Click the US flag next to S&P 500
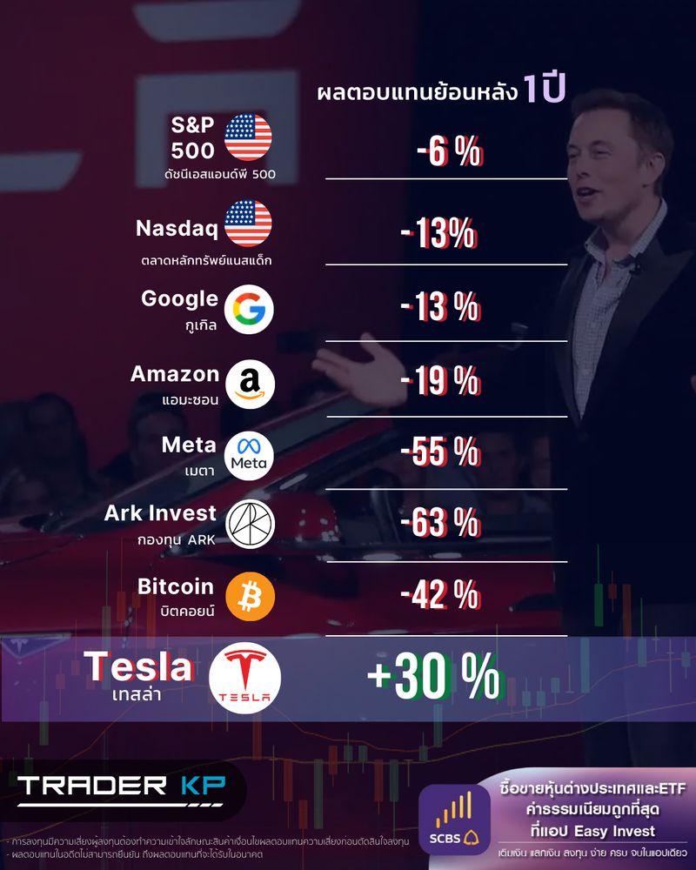pos(248,137)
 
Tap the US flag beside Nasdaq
pos(248,223)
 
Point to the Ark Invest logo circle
pos(250,522)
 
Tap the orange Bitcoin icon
pos(250,596)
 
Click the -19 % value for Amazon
pos(440,381)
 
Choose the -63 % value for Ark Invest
pos(440,524)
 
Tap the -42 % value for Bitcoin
pos(440,596)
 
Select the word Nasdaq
pos(177,229)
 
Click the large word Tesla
pos(138,668)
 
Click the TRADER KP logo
pos(121,786)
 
